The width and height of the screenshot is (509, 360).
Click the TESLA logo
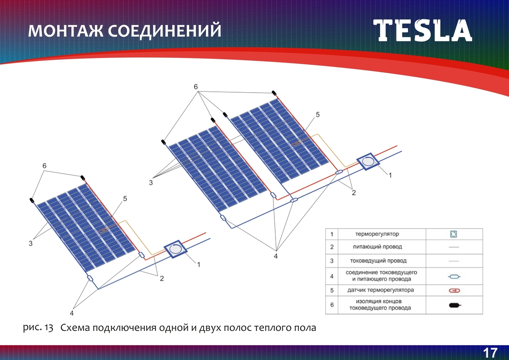[422, 31]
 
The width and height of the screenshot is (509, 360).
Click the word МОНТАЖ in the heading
[66, 31]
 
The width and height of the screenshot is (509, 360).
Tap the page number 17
[490, 353]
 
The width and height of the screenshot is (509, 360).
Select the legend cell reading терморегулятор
[377, 234]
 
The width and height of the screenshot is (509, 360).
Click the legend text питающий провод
[377, 247]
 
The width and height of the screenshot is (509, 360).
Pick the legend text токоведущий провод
[378, 261]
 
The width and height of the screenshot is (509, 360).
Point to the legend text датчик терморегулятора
[381, 290]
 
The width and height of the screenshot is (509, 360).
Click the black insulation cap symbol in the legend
[455, 305]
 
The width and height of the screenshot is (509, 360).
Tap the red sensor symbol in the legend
[455, 290]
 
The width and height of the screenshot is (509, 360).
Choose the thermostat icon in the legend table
[454, 234]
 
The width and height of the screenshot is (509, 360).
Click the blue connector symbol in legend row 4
[454, 277]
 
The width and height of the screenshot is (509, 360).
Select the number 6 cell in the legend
[332, 305]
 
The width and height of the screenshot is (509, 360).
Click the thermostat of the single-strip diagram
[176, 249]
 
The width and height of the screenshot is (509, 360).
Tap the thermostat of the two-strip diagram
[368, 162]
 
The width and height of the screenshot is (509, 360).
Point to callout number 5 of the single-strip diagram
[125, 199]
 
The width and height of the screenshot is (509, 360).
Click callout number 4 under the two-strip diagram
[276, 256]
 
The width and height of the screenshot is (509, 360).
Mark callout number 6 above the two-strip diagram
[196, 87]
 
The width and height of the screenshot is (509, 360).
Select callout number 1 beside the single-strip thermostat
[198, 265]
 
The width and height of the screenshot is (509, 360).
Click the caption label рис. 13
[38, 328]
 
